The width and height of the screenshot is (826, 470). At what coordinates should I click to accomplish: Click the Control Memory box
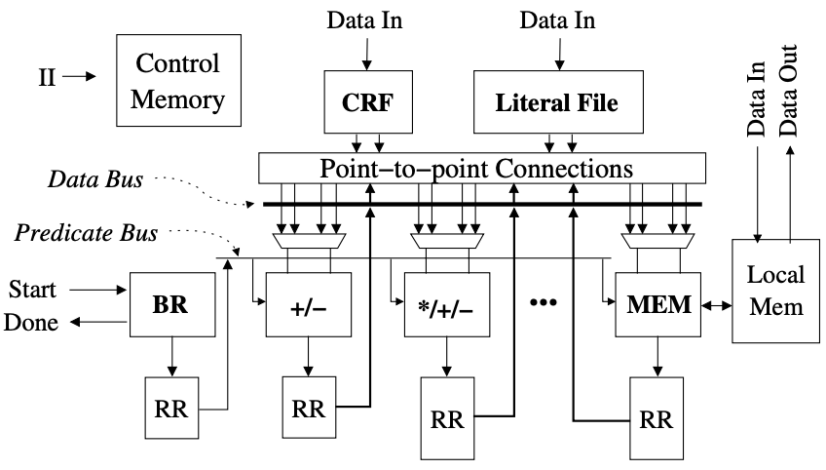coord(177,80)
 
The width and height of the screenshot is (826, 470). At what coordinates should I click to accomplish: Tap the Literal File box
coord(556,102)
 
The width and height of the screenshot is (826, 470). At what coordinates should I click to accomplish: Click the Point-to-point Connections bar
coord(482,168)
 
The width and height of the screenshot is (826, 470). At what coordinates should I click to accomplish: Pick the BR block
coord(170,304)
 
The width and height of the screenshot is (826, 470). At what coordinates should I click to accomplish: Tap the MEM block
coord(659,304)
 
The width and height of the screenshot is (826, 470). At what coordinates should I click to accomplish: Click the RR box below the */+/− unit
coord(448,421)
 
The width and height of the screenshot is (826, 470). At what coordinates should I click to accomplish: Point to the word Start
coord(32,290)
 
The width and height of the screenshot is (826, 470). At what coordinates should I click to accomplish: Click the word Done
coord(32,322)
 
